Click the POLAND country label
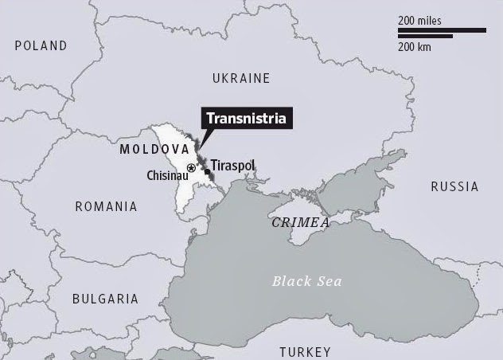tap(41, 46)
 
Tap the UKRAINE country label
tap(241, 78)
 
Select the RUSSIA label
tap(454, 186)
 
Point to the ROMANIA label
tap(106, 206)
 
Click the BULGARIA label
tap(105, 299)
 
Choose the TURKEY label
tap(305, 352)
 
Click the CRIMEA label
tap(300, 223)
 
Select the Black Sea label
tap(307, 281)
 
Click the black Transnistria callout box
tap(246, 119)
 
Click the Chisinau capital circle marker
tap(191, 168)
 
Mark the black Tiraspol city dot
tap(207, 171)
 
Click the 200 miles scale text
tap(419, 21)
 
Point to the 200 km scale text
tap(416, 47)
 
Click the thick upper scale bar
tap(442, 30)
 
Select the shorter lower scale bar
tap(425, 36)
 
